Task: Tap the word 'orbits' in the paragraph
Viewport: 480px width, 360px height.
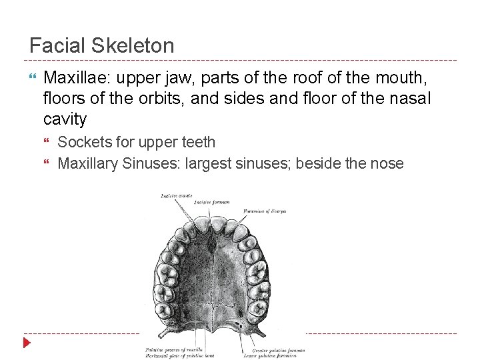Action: (143, 99)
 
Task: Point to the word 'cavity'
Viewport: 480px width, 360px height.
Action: (65, 119)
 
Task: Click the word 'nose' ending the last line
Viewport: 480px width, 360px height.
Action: (386, 163)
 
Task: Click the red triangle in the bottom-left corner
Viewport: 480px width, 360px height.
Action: (27, 343)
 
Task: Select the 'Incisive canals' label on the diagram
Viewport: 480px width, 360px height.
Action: (176, 195)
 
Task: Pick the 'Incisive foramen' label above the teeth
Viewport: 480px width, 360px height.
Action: (213, 202)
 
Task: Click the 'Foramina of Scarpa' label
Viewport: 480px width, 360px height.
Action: (264, 211)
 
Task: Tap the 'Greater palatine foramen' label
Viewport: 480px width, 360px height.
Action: (278, 349)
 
